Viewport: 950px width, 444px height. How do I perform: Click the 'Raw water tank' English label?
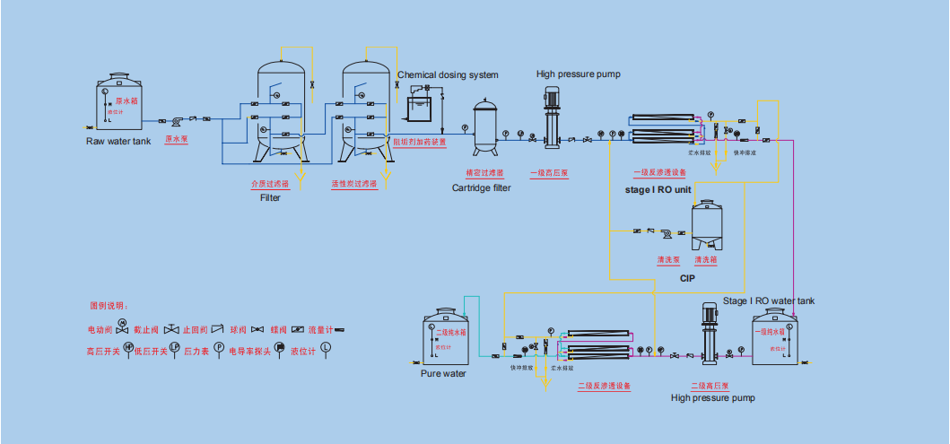pos(118,141)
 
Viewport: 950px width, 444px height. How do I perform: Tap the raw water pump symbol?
pos(179,120)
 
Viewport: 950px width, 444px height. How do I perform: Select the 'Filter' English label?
pos(270,197)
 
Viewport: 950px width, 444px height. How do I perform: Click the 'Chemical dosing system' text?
pos(447,75)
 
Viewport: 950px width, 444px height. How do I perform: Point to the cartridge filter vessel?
pos(485,126)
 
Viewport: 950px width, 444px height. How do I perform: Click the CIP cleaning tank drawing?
pos(708,225)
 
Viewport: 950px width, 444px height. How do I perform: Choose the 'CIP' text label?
pos(687,279)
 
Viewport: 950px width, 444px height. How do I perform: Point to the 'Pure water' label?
pos(443,373)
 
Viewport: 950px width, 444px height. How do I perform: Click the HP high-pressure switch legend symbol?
pos(127,347)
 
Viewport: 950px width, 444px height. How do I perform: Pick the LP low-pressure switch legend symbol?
pos(175,347)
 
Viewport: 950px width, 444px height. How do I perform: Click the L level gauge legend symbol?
pos(325,347)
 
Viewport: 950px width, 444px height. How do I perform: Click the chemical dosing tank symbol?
pos(418,108)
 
